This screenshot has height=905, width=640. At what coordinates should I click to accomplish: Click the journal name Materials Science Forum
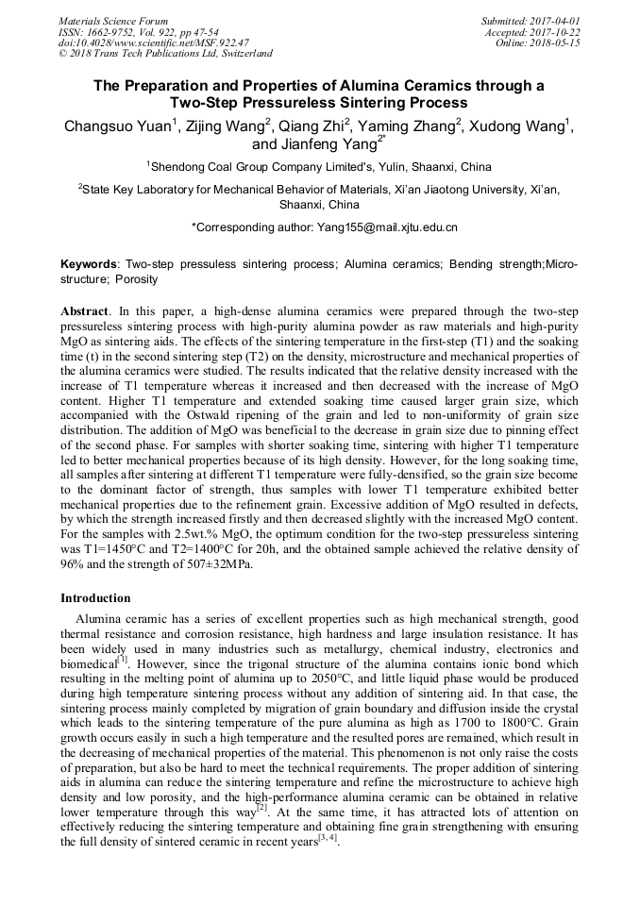coord(113,20)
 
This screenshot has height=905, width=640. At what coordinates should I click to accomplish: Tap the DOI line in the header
coord(153,42)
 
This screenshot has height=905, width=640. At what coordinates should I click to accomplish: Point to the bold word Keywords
coord(90,264)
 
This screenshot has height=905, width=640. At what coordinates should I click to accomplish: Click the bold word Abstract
coord(84,310)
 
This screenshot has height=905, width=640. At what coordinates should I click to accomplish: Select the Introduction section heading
coord(95,597)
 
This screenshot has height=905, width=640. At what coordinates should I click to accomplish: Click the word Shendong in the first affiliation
coord(182,167)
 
